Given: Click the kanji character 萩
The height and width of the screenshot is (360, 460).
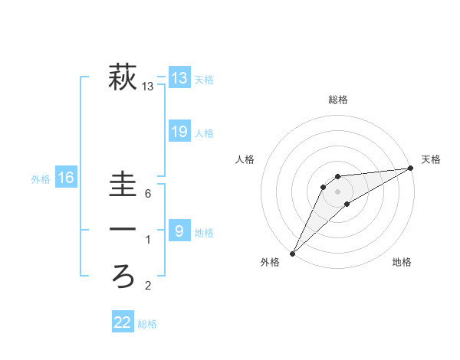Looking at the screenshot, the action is coord(123,77).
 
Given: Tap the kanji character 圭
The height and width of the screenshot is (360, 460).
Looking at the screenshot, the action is coord(123,185).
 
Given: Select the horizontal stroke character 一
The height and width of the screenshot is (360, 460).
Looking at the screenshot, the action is coord(123,229).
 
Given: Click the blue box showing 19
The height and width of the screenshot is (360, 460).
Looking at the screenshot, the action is coord(179,132).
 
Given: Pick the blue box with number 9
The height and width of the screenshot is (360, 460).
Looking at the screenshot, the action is coord(179,230).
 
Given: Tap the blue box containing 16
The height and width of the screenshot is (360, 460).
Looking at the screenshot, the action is coord(66,178).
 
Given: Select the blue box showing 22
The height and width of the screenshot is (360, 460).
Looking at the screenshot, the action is coord(123,322).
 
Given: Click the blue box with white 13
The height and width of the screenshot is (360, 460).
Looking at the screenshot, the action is coord(179,77).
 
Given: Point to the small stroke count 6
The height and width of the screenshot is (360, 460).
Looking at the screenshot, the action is coord(147,194).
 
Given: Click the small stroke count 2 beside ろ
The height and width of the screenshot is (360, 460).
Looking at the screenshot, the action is coord(148,286).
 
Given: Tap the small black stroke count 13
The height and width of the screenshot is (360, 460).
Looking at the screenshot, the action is coord(148,87).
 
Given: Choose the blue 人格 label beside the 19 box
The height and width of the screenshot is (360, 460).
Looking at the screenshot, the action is coord(204,133).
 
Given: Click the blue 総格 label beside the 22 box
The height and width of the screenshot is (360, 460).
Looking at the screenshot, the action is coord(147,324).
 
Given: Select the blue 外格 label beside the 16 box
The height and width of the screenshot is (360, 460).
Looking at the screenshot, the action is coord(41,179).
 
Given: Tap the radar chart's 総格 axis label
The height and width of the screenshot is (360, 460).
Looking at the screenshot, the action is coord(337,100).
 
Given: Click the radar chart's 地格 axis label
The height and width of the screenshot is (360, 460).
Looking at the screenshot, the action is coord(402,262).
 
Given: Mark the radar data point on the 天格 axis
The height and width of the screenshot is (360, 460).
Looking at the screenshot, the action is coord(411,169).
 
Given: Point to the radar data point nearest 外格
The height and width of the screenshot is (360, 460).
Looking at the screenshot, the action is coord(292,253).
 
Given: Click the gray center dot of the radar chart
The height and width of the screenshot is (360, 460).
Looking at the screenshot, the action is coord(337,191).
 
